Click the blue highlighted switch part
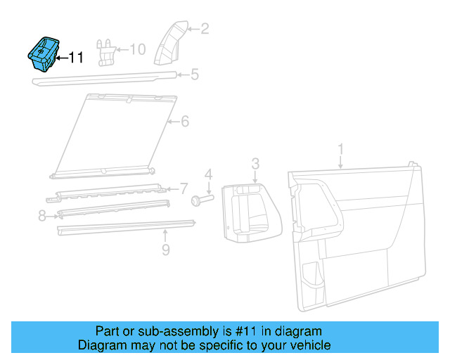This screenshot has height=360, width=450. click(43, 54)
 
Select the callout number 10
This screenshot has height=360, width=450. click(137, 49)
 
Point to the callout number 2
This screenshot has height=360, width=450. click(205, 29)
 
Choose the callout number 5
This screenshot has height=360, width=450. click(195, 74)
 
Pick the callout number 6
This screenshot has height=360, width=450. click(185, 122)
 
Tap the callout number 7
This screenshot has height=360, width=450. click(184, 188)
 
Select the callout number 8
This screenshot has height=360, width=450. click(42, 216)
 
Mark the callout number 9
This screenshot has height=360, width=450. click(165, 249)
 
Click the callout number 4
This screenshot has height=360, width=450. click(208, 174)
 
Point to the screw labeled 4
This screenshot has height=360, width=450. click(201, 201)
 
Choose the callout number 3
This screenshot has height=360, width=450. click(255, 164)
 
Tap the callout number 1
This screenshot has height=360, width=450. click(341, 149)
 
